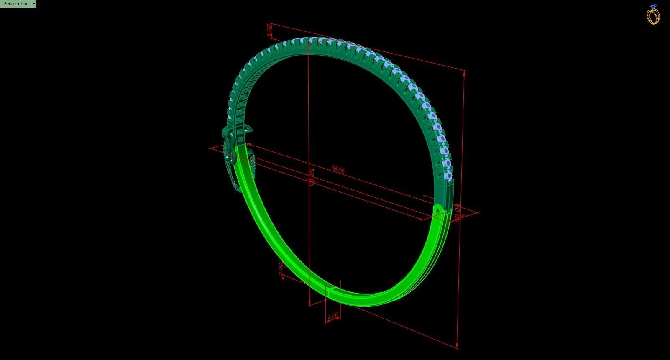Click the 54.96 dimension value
(338, 169)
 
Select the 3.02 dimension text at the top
(269, 31)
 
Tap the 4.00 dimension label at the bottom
(333, 317)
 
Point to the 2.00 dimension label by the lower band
(281, 270)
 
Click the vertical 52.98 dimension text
(311, 177)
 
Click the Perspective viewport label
(16, 4)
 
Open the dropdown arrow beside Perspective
(34, 4)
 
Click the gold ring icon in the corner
(653, 15)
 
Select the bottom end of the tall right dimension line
(457, 347)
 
